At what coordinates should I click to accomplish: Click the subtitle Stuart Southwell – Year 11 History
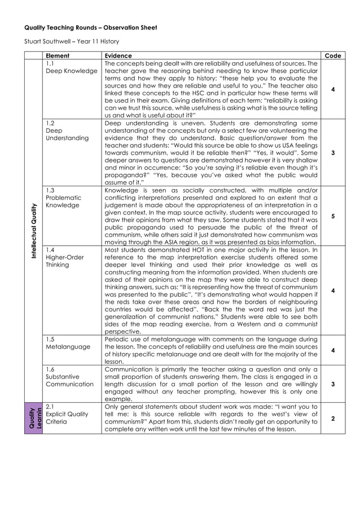[x=72, y=41]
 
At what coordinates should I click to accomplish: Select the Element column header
[x=58, y=56]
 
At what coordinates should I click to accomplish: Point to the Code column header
[x=333, y=56]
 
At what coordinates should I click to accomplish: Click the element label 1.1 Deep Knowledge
[x=71, y=68]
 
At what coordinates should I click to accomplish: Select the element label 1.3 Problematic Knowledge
[x=64, y=198]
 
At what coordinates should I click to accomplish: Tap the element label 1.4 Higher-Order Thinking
[x=64, y=257]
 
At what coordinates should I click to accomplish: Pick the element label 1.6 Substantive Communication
[x=69, y=377]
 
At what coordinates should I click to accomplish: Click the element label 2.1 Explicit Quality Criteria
[x=67, y=414]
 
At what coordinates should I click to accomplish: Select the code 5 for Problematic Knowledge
[x=333, y=216]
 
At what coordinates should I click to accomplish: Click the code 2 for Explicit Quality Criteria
[x=333, y=419]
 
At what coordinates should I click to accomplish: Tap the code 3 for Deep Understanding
[x=333, y=152]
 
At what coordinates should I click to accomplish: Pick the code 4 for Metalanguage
[x=333, y=350]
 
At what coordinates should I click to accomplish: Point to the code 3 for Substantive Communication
[x=333, y=384]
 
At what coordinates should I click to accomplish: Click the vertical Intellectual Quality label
[x=34, y=231]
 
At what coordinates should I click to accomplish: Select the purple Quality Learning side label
[x=34, y=419]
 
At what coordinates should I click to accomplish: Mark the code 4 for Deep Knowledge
[x=333, y=89]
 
